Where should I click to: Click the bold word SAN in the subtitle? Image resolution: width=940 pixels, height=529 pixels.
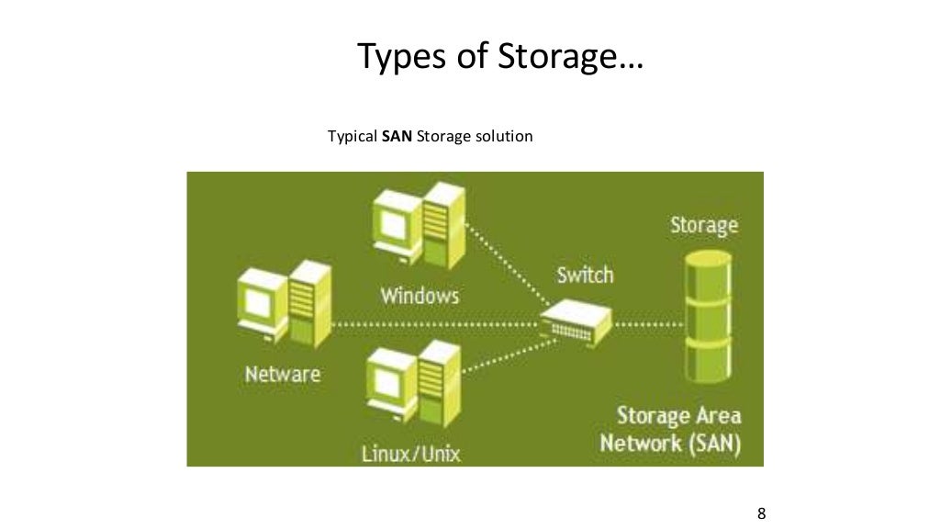pos(398,137)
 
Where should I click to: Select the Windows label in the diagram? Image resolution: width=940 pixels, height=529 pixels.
pos(420,296)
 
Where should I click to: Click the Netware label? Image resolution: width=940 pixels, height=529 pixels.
pos(283,375)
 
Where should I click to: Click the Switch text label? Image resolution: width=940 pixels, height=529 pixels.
pos(585,275)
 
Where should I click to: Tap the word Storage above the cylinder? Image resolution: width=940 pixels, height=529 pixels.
pos(704,225)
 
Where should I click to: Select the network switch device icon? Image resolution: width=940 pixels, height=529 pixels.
pos(574,322)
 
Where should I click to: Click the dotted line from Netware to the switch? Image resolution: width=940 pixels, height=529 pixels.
pos(431,325)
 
